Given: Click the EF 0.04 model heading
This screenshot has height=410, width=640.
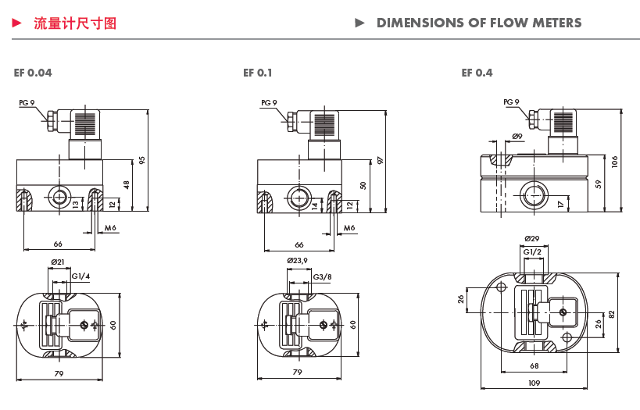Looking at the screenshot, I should [33, 73].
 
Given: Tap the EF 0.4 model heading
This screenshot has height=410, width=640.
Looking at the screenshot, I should [477, 73].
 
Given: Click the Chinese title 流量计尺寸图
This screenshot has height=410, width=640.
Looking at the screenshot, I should [75, 23].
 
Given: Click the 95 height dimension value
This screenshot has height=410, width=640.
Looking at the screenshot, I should [143, 160].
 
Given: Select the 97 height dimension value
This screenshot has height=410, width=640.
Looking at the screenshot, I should [381, 160].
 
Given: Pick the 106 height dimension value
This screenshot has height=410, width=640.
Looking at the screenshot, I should [615, 162].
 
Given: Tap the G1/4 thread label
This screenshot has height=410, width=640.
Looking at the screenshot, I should [80, 276].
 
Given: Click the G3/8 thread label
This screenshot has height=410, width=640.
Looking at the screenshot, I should [322, 277].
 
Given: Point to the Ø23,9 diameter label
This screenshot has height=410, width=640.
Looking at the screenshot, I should [298, 260].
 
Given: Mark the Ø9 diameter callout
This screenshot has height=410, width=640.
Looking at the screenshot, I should [517, 137].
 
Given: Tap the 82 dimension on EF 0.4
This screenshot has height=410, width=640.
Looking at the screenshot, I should [612, 313].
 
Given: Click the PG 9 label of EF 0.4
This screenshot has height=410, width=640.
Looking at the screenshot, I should [511, 102].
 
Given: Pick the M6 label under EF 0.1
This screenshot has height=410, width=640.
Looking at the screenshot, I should [349, 227].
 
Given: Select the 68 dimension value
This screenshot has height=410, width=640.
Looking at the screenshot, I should [534, 365].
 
